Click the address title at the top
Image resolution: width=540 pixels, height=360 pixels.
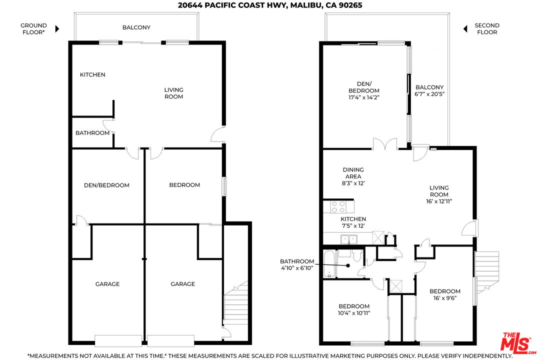pos(270,5)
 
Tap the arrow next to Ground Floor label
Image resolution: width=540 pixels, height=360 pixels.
pos(57,29)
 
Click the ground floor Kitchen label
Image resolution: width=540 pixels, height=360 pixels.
pos(92,75)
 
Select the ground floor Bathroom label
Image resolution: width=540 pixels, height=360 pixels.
pos(92,133)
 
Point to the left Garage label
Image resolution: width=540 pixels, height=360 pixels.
pos(107,284)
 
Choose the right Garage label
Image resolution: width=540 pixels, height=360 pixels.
pos(183,284)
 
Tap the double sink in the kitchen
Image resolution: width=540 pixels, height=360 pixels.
pos(349,239)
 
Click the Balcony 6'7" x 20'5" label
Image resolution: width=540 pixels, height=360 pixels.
pos(429,90)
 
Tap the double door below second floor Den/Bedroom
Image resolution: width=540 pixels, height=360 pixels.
pos(385,144)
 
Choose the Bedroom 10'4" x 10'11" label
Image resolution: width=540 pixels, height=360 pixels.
pos(354,310)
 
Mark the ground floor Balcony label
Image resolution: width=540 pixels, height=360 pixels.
pos(136,27)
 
